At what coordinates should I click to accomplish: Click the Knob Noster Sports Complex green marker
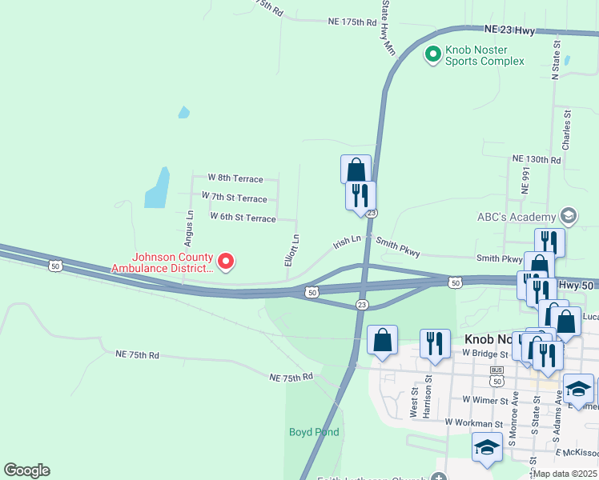(432, 54)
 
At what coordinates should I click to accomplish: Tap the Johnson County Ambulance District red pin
(226, 261)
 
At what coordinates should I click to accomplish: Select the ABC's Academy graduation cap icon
(568, 215)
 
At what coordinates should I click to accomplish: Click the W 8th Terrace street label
(235, 178)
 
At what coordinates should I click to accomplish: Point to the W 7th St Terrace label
(234, 197)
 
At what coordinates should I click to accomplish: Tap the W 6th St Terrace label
(243, 217)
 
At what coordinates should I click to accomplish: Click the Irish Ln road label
(348, 241)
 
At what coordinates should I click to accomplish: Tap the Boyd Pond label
(314, 432)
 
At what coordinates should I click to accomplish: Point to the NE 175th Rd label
(352, 22)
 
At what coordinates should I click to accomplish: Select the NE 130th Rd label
(536, 160)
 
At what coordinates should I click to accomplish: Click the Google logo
(26, 470)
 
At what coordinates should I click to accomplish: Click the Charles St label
(566, 130)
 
